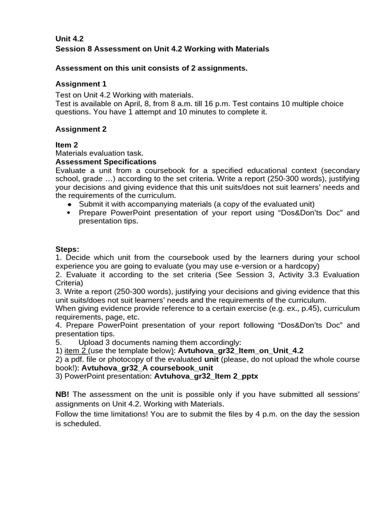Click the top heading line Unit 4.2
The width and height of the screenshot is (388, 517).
click(69, 39)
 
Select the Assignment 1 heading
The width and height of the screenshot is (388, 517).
click(81, 84)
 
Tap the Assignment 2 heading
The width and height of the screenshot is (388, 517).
click(81, 129)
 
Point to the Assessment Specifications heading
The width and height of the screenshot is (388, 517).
click(106, 162)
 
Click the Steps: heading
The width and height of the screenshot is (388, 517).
click(67, 249)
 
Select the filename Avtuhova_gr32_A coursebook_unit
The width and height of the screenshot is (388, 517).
click(147, 368)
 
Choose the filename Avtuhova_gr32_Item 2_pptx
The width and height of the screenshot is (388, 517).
click(206, 376)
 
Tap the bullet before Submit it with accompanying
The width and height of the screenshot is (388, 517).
click(69, 204)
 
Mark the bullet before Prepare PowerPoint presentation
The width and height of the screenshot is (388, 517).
click(69, 213)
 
